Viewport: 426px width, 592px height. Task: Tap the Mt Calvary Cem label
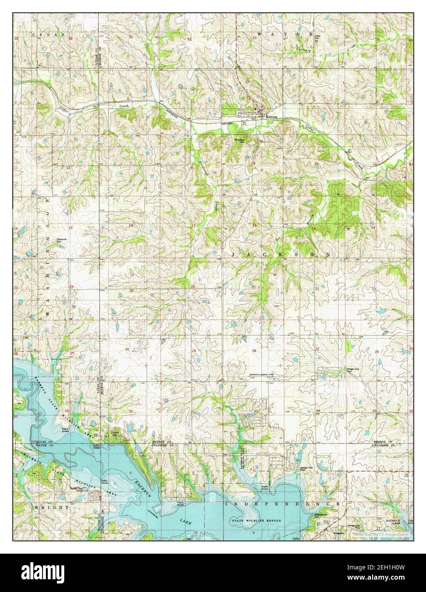(245, 141)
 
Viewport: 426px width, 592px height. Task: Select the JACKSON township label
(281, 254)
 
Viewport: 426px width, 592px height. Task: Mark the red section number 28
(254, 350)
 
